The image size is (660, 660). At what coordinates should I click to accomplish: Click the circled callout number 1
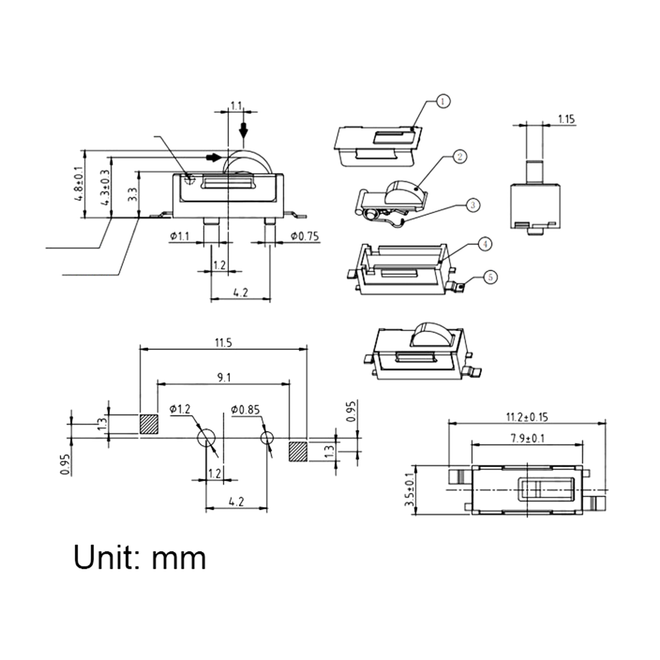pyautogui.click(x=443, y=101)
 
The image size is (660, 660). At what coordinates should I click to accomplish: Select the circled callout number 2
pyautogui.click(x=460, y=156)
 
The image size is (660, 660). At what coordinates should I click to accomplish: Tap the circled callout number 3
pyautogui.click(x=473, y=205)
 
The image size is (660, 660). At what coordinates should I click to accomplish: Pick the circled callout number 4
pyautogui.click(x=485, y=244)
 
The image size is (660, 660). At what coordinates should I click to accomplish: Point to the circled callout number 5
pyautogui.click(x=490, y=277)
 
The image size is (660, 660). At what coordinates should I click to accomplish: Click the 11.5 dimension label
pyautogui.click(x=223, y=343)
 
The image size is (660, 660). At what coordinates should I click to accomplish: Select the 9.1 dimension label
pyautogui.click(x=224, y=377)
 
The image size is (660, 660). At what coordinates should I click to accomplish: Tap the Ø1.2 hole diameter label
pyautogui.click(x=180, y=409)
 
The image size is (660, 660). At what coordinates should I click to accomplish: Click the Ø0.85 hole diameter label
pyautogui.click(x=245, y=410)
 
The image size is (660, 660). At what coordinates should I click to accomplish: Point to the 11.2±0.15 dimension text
pyautogui.click(x=527, y=417)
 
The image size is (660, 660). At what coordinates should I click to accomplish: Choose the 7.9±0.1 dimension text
pyautogui.click(x=528, y=438)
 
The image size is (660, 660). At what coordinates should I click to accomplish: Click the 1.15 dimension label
pyautogui.click(x=566, y=119)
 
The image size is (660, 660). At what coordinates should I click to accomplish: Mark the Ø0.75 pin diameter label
pyautogui.click(x=304, y=236)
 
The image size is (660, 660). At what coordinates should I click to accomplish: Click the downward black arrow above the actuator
pyautogui.click(x=244, y=130)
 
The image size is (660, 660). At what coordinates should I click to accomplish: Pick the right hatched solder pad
pyautogui.click(x=298, y=451)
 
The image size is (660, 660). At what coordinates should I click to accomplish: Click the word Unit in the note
pyautogui.click(x=105, y=557)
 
